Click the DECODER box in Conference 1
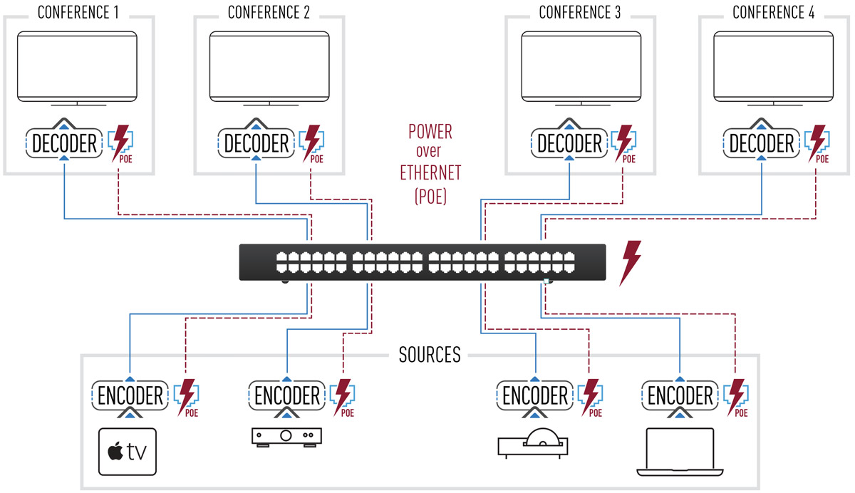(63, 143)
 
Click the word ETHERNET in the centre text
(430, 172)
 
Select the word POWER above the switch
(430, 132)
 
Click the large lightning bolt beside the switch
(631, 263)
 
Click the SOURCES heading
(430, 354)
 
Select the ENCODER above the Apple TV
(129, 395)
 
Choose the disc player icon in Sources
(534, 444)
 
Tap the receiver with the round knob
(286, 436)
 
